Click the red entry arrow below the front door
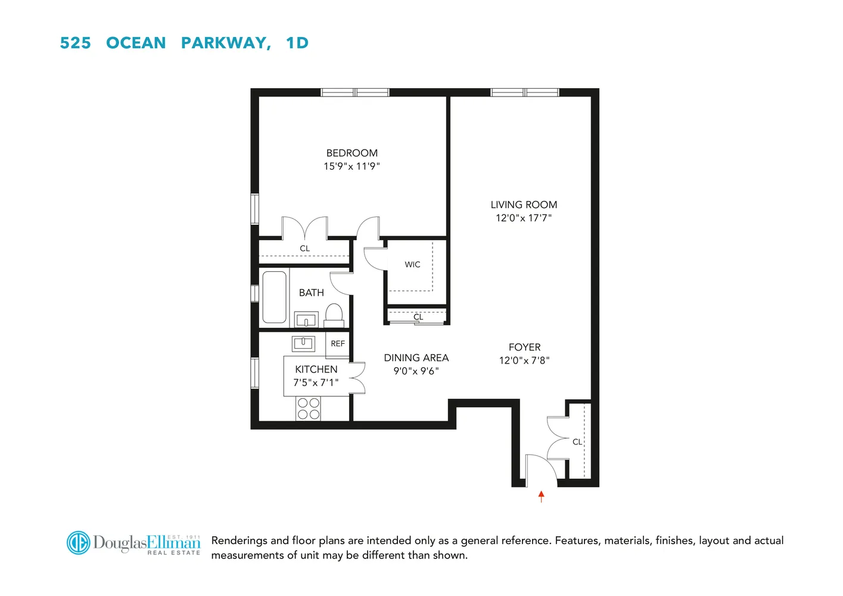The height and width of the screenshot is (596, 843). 541,496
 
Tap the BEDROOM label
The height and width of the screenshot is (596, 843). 351,153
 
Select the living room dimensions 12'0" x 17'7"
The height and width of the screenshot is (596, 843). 524,218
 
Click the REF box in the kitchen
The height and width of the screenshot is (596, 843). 338,344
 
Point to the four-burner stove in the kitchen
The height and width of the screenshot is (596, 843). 309,409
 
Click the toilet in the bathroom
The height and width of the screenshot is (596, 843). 334,314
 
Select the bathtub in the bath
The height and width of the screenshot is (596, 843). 274,297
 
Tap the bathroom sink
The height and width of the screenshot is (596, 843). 306,320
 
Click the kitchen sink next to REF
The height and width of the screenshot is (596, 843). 303,343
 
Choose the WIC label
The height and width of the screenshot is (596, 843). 412,265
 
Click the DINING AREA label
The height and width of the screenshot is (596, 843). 416,358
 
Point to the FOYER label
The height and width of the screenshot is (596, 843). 524,347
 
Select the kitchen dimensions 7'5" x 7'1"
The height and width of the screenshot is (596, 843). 316,383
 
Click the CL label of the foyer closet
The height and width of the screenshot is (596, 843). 577,442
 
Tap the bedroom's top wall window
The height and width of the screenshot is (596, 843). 355,92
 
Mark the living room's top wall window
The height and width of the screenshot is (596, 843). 524,92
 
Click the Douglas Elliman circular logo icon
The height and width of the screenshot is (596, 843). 78,542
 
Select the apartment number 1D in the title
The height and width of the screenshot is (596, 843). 297,43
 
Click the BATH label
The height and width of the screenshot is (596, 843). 312,293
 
